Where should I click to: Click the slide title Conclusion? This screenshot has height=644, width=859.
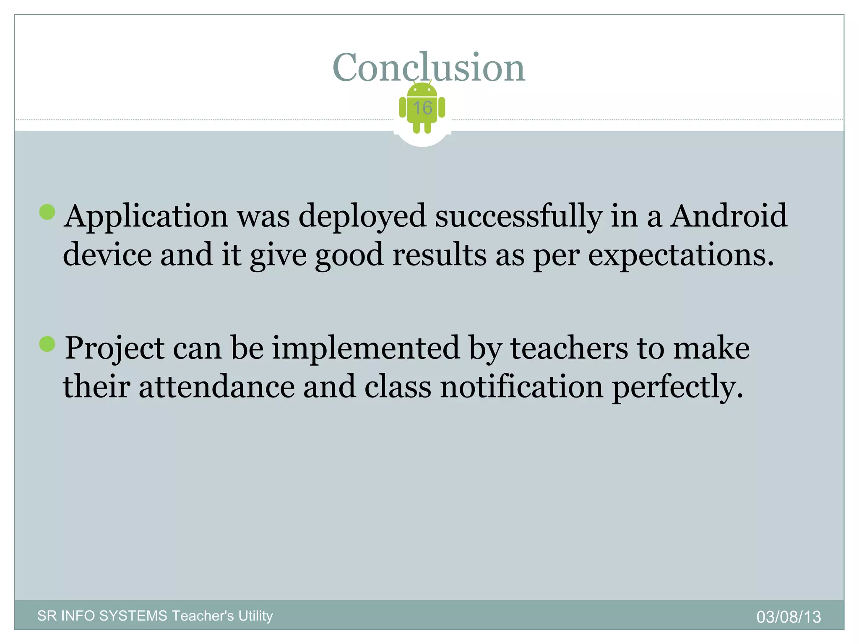point(429,67)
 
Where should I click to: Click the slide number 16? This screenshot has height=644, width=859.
point(422,108)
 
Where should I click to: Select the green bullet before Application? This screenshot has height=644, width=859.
point(47,212)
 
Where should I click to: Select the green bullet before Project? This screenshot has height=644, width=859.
point(47,344)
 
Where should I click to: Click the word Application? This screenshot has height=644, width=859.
point(146,217)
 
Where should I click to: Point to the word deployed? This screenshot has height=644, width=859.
point(362,217)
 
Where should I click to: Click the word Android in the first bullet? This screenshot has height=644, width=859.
point(729,216)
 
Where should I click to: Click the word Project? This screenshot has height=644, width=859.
point(115,349)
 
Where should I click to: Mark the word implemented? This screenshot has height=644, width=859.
point(366,348)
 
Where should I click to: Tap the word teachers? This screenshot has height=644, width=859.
point(569,348)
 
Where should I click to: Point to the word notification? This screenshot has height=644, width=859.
point(521,387)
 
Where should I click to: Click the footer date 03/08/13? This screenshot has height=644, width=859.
point(789,617)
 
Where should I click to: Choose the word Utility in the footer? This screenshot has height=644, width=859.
point(255,616)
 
